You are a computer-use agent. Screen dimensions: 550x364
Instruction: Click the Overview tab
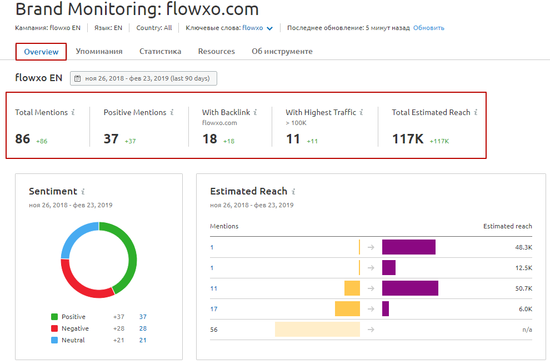41,52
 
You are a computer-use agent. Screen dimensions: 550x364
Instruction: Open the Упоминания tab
99,51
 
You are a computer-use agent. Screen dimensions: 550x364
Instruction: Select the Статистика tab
161,51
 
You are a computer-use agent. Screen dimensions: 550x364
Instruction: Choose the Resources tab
217,51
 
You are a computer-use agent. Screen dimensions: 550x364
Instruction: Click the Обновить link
429,28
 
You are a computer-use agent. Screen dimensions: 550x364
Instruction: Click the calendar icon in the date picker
78,78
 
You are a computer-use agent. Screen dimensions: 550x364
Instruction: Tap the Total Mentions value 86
22,138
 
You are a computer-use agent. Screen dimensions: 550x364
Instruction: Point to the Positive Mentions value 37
111,138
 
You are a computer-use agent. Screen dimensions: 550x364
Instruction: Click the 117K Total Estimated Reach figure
408,138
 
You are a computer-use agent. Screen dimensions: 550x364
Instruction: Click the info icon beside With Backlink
255,112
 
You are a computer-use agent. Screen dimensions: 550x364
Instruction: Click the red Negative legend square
54,328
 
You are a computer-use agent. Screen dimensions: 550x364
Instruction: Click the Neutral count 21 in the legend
143,340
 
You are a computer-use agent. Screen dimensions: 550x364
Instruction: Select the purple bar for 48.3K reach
409,247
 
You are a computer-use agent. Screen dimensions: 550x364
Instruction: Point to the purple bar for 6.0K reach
386,309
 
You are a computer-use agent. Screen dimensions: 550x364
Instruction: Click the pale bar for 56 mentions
317,329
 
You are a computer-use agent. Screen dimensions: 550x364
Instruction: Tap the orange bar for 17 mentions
348,309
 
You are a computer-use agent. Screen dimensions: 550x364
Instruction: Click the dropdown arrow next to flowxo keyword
269,28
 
